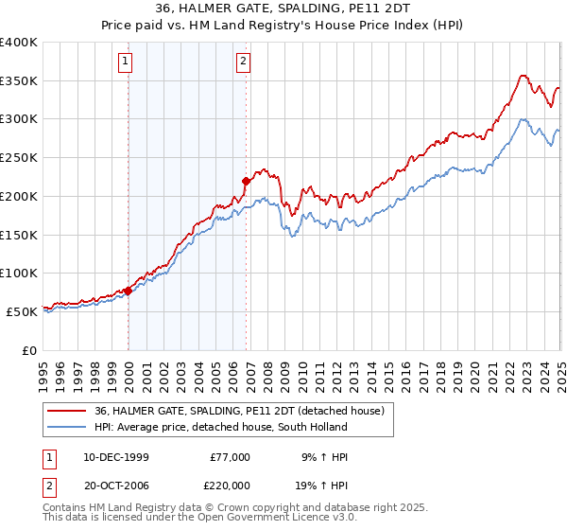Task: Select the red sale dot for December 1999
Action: point(129,291)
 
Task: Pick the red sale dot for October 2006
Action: point(246,180)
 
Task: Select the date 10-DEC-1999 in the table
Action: point(116,456)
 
